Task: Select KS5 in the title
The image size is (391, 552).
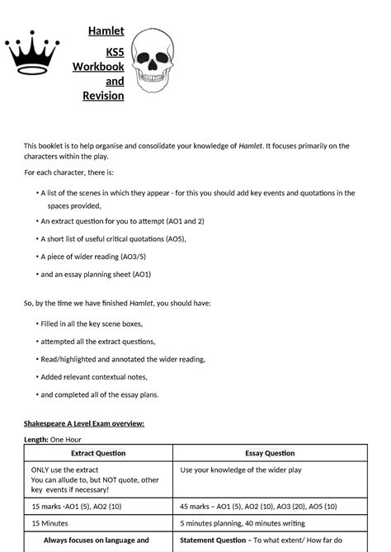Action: pyautogui.click(x=114, y=51)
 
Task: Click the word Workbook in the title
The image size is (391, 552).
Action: pyautogui.click(x=98, y=66)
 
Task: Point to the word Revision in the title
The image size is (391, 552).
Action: pyautogui.click(x=103, y=96)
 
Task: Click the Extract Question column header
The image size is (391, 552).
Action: pyautogui.click(x=98, y=453)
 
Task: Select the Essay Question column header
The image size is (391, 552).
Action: pyautogui.click(x=270, y=453)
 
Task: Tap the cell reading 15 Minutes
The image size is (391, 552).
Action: pyautogui.click(x=49, y=523)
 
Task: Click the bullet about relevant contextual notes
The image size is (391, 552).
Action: pyautogui.click(x=97, y=376)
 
